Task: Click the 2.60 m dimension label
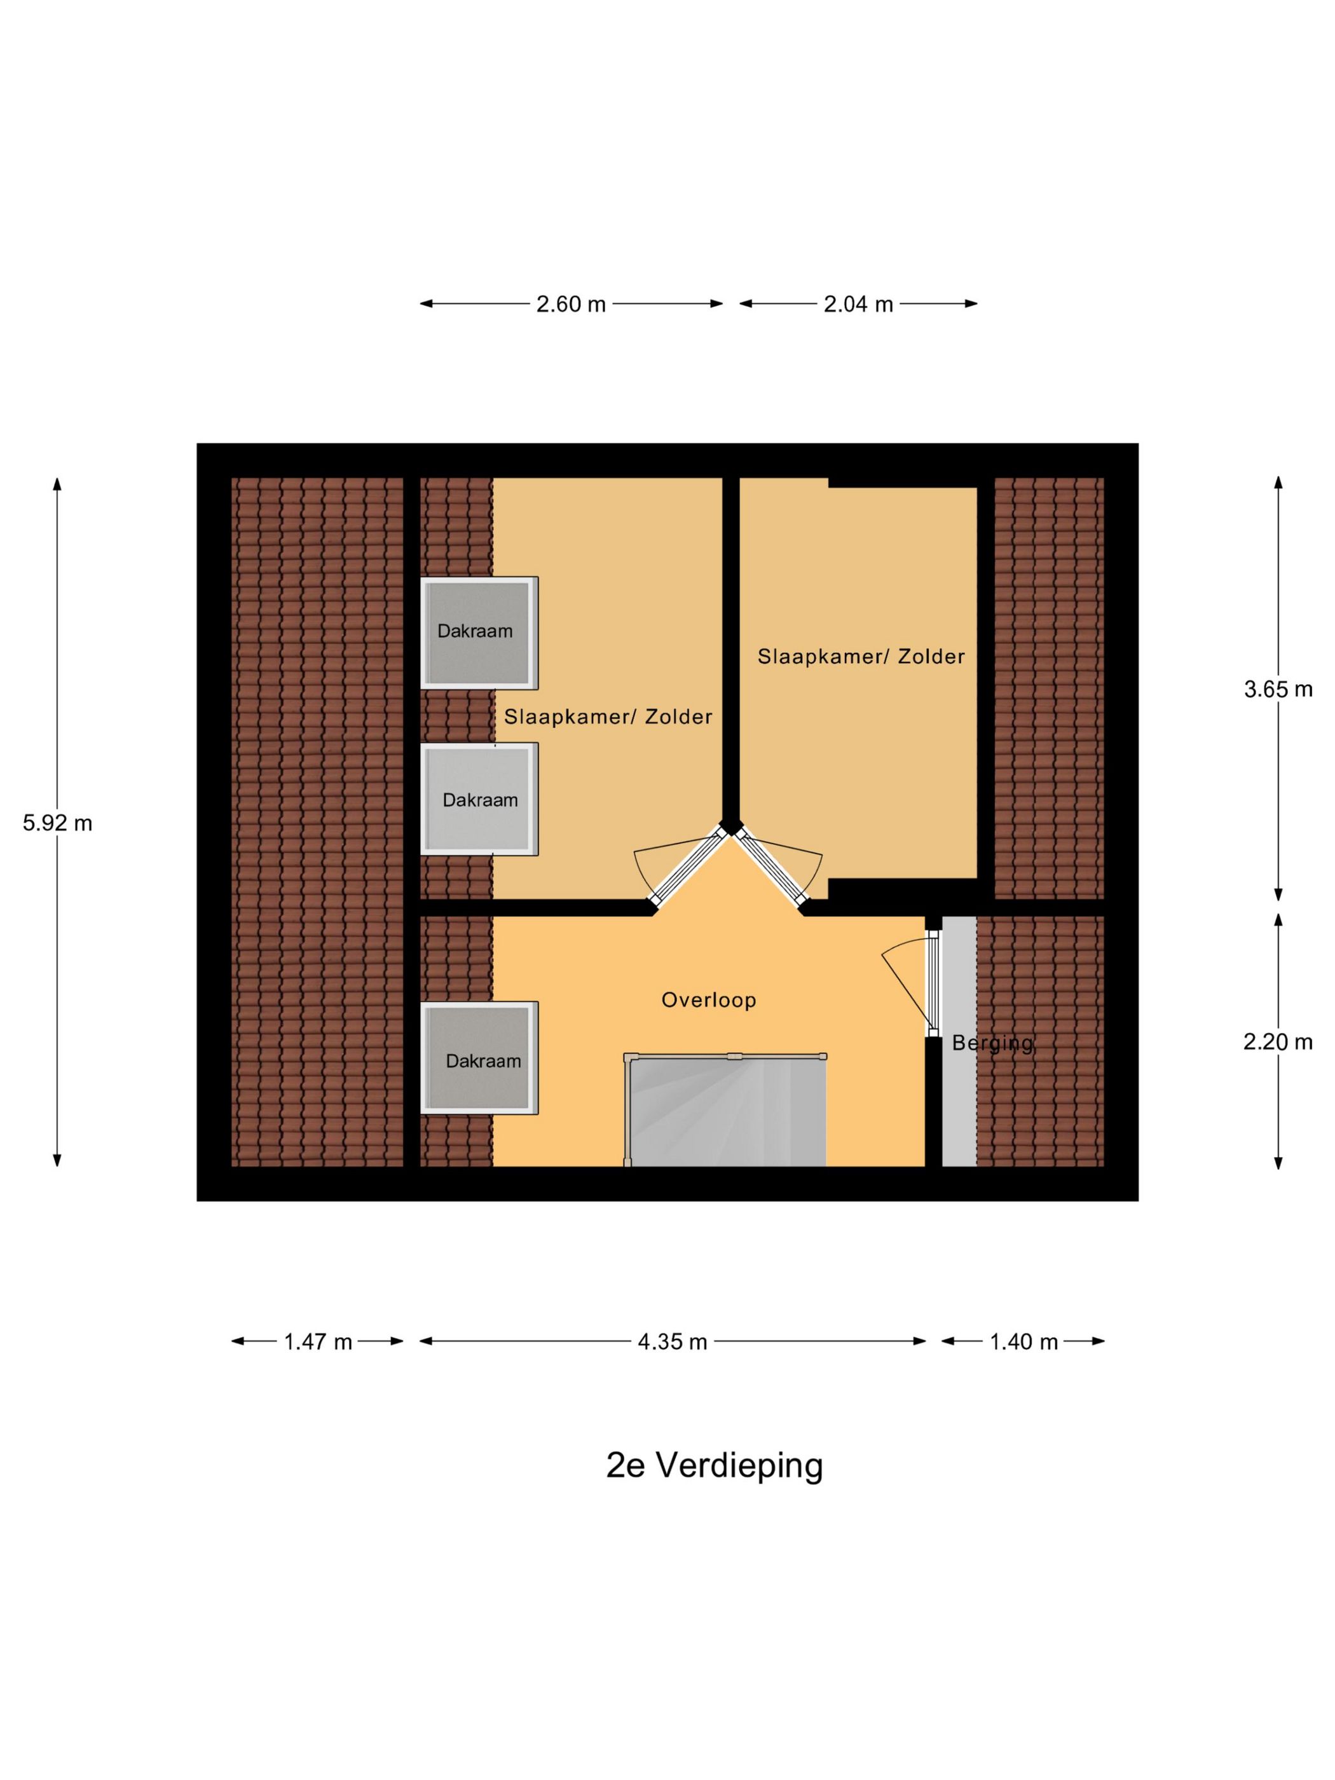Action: pyautogui.click(x=570, y=304)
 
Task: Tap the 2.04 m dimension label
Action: pyautogui.click(x=858, y=304)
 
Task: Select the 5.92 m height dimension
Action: pyautogui.click(x=57, y=823)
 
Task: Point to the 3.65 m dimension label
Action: pyautogui.click(x=1278, y=689)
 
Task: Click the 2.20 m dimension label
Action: pyautogui.click(x=1278, y=1042)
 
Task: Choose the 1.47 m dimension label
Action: pyautogui.click(x=318, y=1341)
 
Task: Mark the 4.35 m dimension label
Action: pyautogui.click(x=672, y=1341)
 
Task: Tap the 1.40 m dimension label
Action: pyautogui.click(x=1023, y=1341)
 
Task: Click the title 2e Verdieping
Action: pyautogui.click(x=715, y=1465)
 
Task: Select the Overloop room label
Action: pyautogui.click(x=709, y=1000)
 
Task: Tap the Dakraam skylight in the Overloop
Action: pyautogui.click(x=479, y=1058)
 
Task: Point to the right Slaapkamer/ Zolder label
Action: pyautogui.click(x=861, y=657)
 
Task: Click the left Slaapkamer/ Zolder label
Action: pyautogui.click(x=608, y=716)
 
